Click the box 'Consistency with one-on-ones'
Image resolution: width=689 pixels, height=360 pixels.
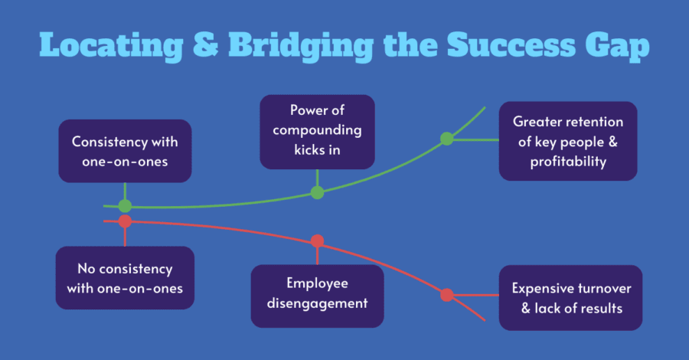[x=126, y=151]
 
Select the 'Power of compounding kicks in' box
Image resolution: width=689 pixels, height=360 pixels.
[x=317, y=132]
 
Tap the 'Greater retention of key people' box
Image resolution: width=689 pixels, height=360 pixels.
[x=568, y=141]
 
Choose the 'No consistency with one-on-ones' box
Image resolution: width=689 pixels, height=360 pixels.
[x=125, y=278]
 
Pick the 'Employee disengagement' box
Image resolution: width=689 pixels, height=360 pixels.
[x=317, y=296]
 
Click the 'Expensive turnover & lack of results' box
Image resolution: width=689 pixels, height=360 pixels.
[x=571, y=298]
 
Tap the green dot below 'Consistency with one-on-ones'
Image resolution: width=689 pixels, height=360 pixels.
[x=125, y=206]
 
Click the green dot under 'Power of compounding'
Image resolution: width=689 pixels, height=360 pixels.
[x=317, y=192]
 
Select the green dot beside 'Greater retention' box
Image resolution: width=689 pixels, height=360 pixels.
[x=447, y=139]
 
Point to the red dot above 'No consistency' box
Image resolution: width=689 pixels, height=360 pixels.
[x=125, y=221]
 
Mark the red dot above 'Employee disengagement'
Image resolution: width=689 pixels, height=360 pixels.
[x=317, y=241]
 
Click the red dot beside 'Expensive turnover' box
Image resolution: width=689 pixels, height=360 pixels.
[x=447, y=295]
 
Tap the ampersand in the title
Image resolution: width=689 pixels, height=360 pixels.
[x=206, y=45]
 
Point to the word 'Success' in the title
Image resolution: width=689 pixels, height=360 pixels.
[x=511, y=45]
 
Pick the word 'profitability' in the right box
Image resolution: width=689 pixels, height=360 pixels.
[x=568, y=162]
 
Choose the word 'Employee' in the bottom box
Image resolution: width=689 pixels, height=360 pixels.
[x=317, y=284]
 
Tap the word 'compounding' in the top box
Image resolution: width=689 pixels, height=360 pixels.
[x=317, y=131]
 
